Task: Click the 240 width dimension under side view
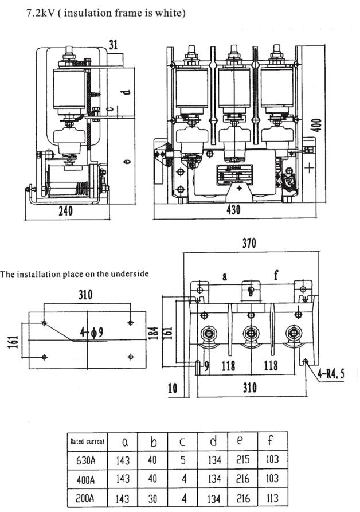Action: coord(66,210)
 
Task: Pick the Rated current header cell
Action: coord(87,441)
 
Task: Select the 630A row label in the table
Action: coord(88,460)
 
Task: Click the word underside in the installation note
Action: coord(129,274)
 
